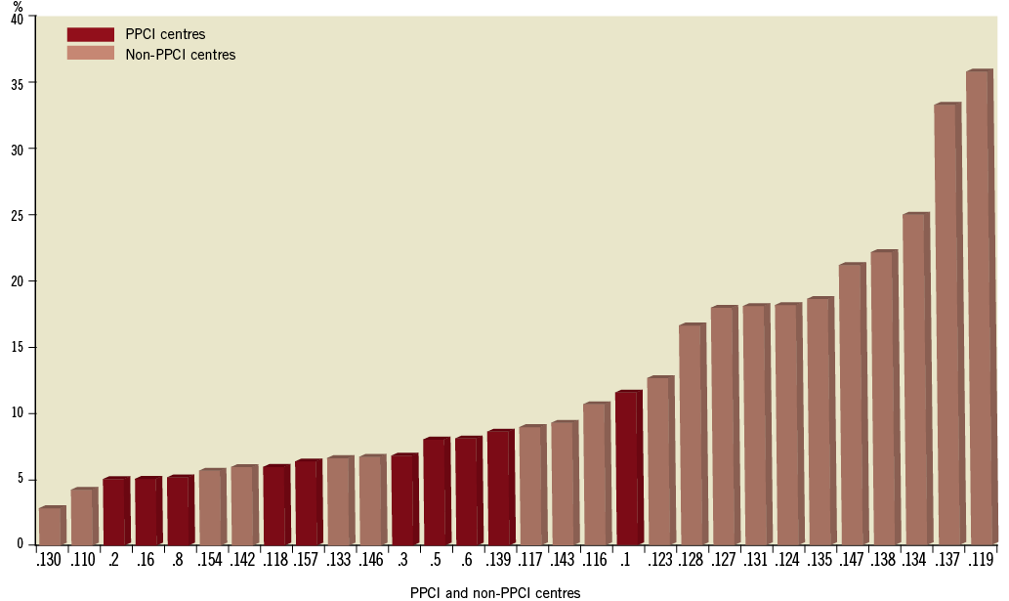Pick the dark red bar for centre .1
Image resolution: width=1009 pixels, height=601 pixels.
627,468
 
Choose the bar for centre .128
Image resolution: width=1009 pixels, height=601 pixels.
691,434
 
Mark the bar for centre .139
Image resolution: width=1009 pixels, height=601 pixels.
499,488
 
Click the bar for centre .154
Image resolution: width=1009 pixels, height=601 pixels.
211,507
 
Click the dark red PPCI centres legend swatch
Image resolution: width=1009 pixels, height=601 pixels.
90,34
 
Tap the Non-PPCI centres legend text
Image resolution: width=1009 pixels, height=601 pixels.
181,55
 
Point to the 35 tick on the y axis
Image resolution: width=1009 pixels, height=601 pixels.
21,83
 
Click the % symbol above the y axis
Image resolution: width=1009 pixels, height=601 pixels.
17,7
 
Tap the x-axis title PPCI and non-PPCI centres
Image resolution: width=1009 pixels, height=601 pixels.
495,592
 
